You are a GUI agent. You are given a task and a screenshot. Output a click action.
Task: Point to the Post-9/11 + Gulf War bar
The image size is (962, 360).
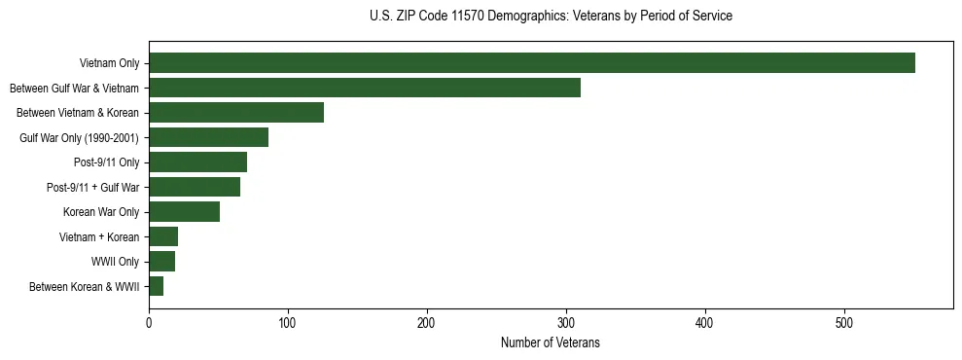pyautogui.click(x=195, y=187)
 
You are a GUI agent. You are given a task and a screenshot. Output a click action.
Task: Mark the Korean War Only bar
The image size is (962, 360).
pyautogui.click(x=184, y=212)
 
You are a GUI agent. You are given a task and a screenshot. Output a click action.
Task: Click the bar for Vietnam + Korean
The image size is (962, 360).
pyautogui.click(x=163, y=236)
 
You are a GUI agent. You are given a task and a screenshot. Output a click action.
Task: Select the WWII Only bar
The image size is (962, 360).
pyautogui.click(x=161, y=262)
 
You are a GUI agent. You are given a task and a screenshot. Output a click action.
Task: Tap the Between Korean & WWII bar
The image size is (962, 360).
pyautogui.click(x=156, y=286)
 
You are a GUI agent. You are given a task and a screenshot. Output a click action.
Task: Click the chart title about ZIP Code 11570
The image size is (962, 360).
pyautogui.click(x=551, y=17)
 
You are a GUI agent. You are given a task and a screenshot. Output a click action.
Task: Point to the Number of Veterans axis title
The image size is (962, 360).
pyautogui.click(x=551, y=343)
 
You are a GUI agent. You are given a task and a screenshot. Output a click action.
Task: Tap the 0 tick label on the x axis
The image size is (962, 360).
pyautogui.click(x=149, y=324)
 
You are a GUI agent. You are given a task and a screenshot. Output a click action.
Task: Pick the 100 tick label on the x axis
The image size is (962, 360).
pyautogui.click(x=288, y=324)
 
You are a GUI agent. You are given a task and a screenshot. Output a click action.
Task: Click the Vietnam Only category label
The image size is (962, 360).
pyautogui.click(x=109, y=64)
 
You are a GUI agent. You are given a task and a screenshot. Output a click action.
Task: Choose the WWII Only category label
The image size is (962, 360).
pyautogui.click(x=115, y=262)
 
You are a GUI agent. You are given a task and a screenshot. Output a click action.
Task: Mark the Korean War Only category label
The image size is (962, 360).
pyautogui.click(x=101, y=212)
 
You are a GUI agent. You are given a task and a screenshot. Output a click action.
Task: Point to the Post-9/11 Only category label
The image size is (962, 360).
pyautogui.click(x=106, y=162)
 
